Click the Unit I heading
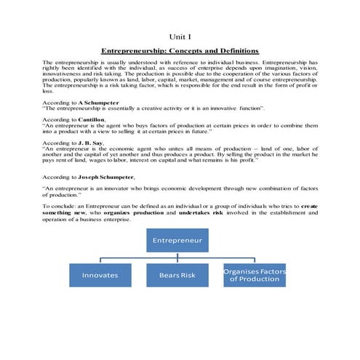pos(180,36)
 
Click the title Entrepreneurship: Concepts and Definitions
pos(180,51)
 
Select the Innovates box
pos(100,276)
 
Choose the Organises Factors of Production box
pos(255,276)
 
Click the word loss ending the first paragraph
pos(48,92)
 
